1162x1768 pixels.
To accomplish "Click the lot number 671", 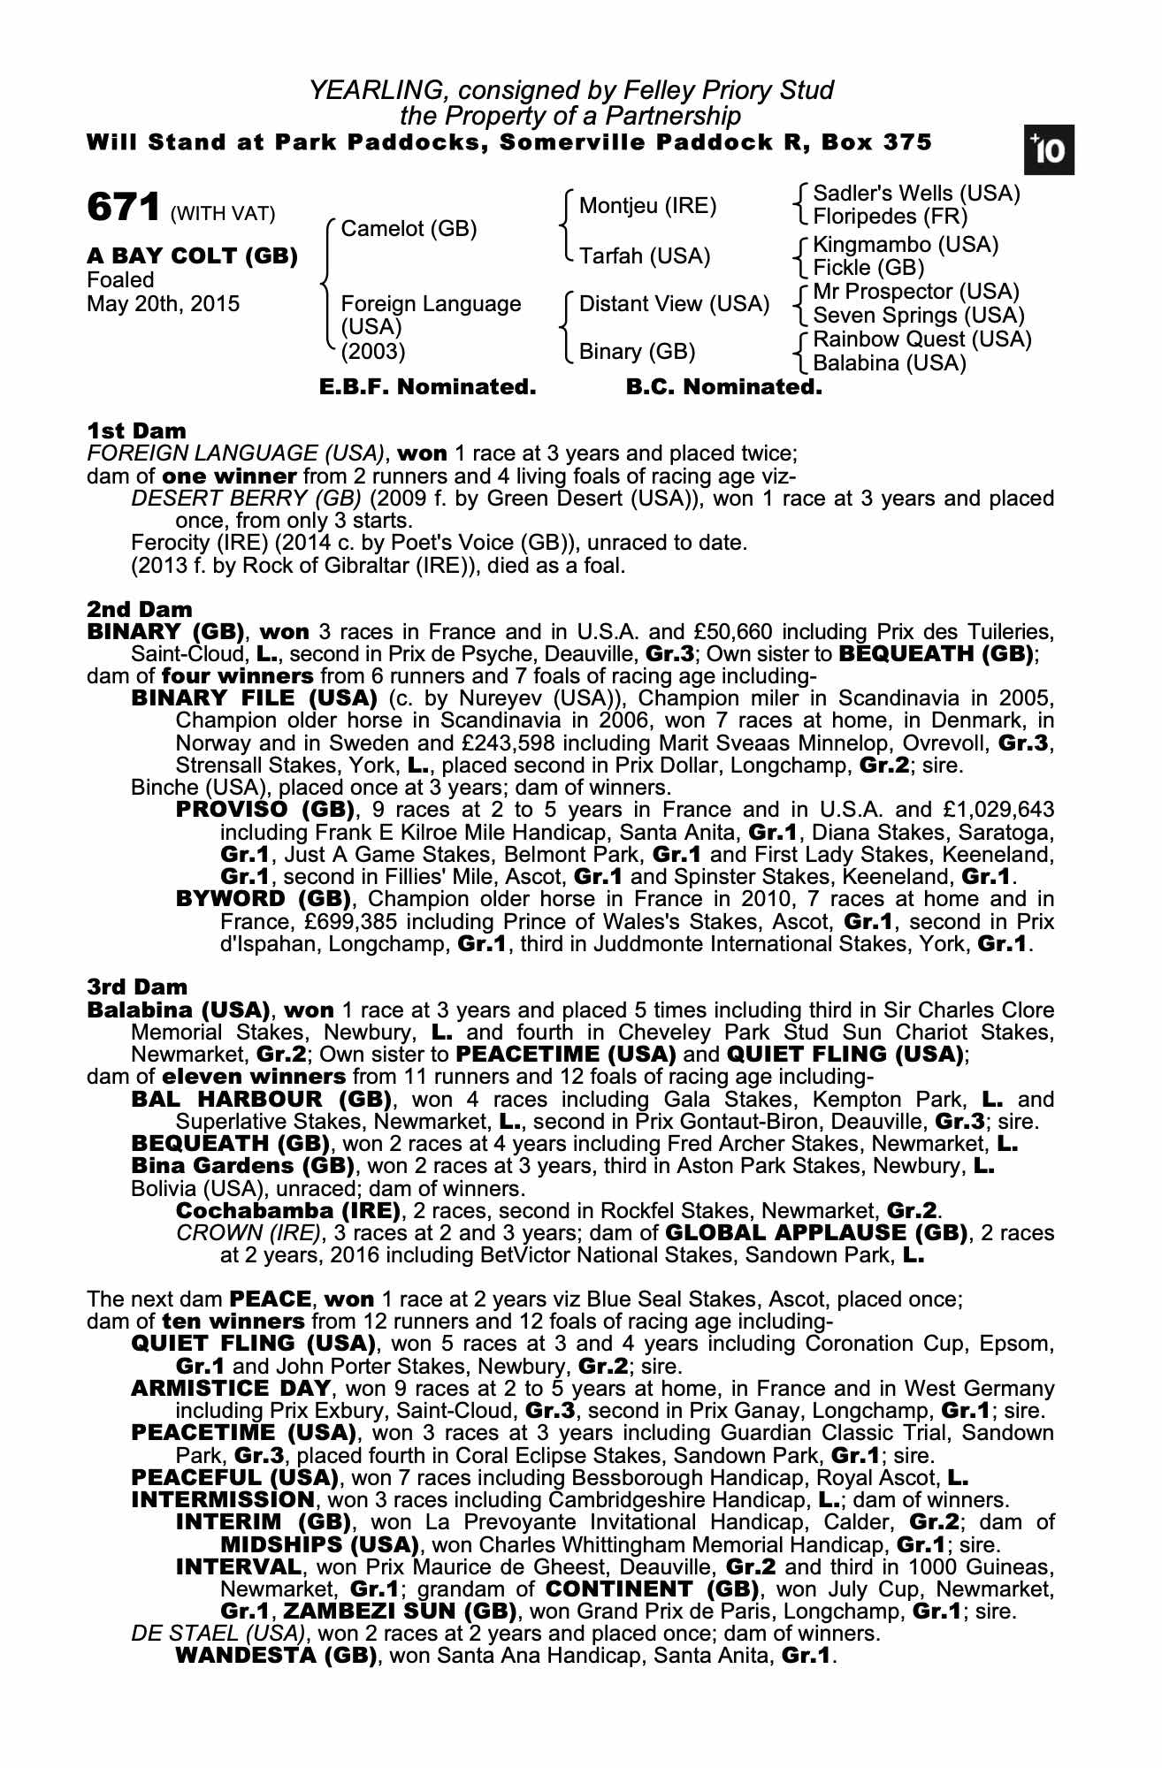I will pyautogui.click(x=123, y=209).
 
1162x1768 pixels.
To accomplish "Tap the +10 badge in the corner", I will pyautogui.click(x=1049, y=151).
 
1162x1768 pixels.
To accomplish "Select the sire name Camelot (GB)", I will pyautogui.click(x=409, y=229).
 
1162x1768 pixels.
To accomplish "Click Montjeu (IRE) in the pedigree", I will pyautogui.click(x=647, y=206).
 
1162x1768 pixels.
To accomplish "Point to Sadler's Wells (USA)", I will pyautogui.click(x=916, y=194).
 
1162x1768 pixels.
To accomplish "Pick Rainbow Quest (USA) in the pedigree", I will pyautogui.click(x=921, y=339).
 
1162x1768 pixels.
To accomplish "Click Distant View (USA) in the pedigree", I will pyautogui.click(x=674, y=304).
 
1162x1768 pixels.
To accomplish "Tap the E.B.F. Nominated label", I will pyautogui.click(x=427, y=387).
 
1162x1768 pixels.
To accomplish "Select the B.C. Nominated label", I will pyautogui.click(x=723, y=387).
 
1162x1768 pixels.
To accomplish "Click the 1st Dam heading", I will pyautogui.click(x=136, y=431).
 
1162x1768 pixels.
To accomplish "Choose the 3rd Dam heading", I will pyautogui.click(x=137, y=987).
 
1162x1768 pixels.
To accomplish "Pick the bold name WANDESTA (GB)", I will pyautogui.click(x=277, y=1655).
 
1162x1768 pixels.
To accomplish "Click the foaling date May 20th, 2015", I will pyautogui.click(x=163, y=304).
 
